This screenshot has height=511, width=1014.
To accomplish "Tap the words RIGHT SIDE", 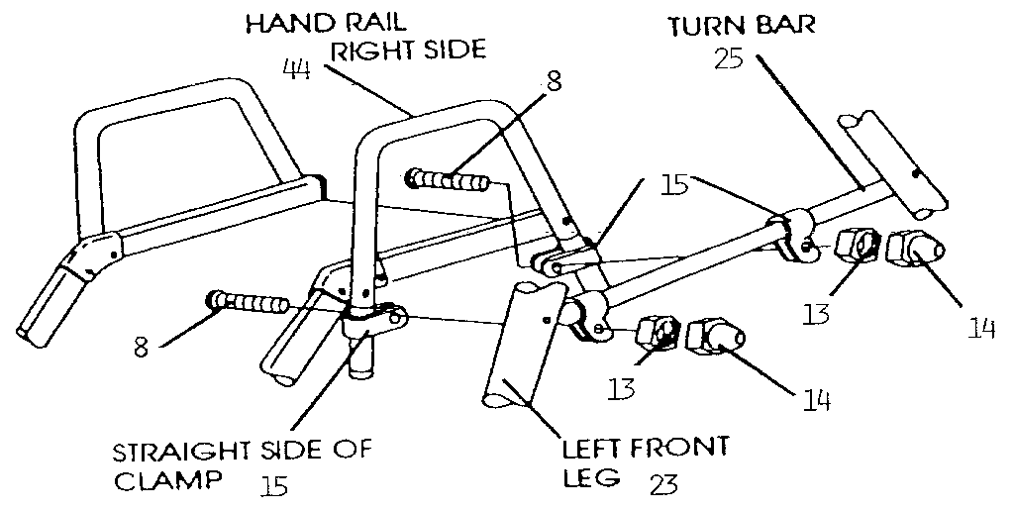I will pyautogui.click(x=408, y=50).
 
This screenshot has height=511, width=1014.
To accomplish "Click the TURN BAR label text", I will pyautogui.click(x=742, y=25).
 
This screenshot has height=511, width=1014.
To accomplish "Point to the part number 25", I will pyautogui.click(x=730, y=59).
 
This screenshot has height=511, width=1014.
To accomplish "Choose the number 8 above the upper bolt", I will pyautogui.click(x=554, y=82).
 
